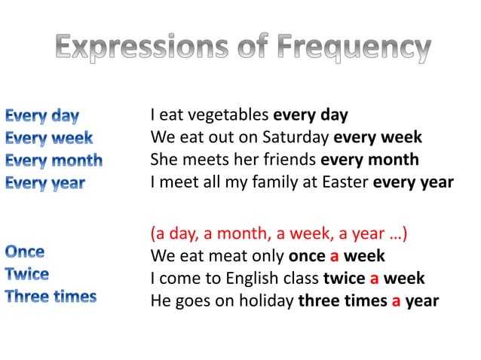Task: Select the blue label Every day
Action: pos(42,116)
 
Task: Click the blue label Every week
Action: pos(49,139)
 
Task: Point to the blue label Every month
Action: pos(54,160)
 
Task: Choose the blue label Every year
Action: pos(45,183)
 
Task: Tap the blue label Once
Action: pos(25,252)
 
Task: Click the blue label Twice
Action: pos(27,273)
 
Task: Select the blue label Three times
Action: pos(51,296)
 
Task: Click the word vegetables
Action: pos(231,116)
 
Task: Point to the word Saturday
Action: pos(295,138)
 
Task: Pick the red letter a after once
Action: pos(335,256)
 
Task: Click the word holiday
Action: pos(266,301)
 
